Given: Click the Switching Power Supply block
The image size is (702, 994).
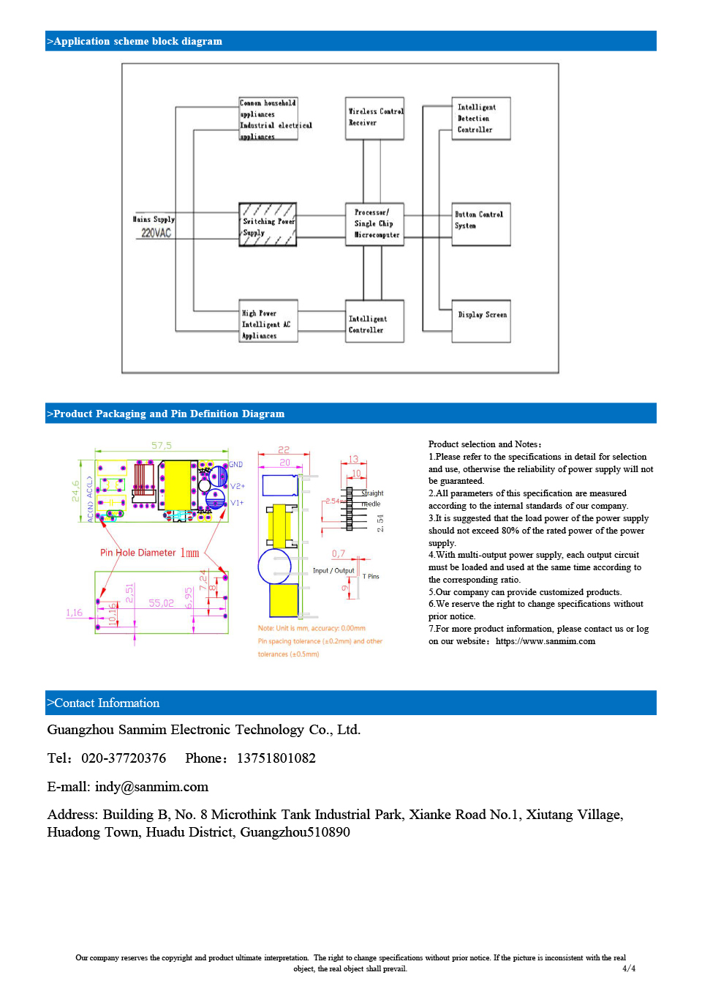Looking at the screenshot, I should (268, 225).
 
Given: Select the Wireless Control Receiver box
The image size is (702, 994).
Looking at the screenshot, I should (374, 118).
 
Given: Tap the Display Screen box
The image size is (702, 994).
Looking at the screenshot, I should (481, 321).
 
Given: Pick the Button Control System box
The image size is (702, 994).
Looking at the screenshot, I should (481, 223).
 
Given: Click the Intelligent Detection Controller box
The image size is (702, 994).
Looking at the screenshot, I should (481, 119).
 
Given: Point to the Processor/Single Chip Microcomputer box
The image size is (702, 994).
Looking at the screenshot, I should (374, 224).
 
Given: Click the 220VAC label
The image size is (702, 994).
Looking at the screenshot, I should (156, 233).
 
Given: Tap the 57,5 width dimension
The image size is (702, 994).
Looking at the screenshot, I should (162, 445).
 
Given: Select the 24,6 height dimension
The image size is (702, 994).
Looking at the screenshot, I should (76, 490).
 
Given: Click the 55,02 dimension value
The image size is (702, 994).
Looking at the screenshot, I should (162, 603).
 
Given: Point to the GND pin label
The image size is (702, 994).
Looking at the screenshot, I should (236, 465).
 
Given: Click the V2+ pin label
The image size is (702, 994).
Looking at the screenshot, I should (238, 486).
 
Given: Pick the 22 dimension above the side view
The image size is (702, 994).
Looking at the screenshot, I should (284, 449).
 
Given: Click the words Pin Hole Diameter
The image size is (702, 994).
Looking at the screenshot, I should (138, 553).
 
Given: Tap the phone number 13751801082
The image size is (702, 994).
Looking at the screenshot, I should (276, 758).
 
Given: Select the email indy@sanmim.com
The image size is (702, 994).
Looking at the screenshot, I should (151, 787).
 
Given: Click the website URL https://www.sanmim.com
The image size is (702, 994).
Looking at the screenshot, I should (546, 641).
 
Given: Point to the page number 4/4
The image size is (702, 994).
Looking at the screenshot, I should (628, 968).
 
